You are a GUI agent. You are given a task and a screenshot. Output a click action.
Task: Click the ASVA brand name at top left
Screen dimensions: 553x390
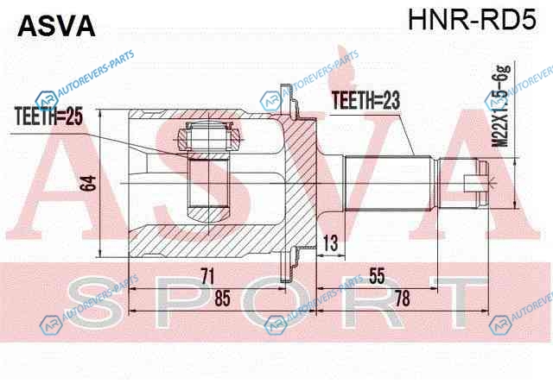(x=56, y=26)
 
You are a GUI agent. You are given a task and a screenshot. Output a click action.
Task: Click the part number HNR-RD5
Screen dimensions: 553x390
(x=473, y=19)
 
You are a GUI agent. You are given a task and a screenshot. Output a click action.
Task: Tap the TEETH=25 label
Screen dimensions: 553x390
(x=48, y=116)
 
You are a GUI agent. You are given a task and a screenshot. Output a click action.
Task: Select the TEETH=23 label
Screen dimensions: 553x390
(x=366, y=100)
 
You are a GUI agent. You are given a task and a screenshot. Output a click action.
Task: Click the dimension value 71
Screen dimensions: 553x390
(x=207, y=276)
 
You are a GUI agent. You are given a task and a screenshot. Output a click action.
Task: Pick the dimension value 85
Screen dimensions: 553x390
(x=222, y=299)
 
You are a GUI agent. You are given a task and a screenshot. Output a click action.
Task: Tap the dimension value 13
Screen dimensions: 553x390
(x=330, y=243)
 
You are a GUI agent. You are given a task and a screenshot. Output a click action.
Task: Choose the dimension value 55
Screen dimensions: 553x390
(x=377, y=276)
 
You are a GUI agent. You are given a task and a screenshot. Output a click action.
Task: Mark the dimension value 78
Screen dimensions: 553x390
(x=403, y=299)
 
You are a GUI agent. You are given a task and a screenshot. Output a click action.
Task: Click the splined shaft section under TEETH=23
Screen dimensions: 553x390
(x=388, y=183)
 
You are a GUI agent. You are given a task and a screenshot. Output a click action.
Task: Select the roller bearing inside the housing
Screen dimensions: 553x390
(x=209, y=136)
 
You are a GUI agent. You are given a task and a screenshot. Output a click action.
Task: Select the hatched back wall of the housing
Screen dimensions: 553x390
(x=300, y=183)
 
